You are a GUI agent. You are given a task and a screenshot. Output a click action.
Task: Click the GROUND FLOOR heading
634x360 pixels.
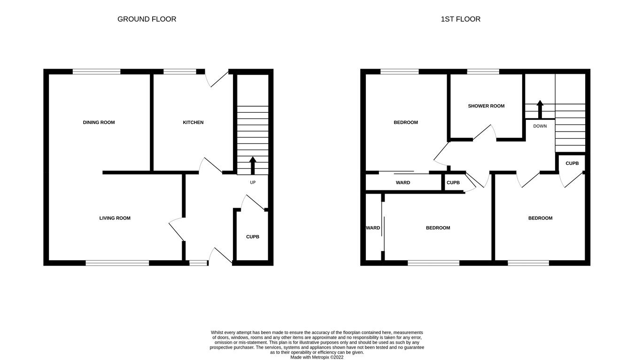[147, 19]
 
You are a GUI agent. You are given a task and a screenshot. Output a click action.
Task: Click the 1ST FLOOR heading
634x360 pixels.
[460, 19]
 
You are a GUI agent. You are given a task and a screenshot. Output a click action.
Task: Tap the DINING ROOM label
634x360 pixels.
[99, 123]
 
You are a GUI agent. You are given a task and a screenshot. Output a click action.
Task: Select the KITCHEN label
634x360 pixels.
[193, 123]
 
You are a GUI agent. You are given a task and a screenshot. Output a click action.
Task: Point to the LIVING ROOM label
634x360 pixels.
[115, 218]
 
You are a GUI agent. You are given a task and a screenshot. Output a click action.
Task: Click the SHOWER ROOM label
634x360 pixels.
[486, 106]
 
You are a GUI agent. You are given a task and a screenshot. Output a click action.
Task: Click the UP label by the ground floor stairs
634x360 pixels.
[253, 182]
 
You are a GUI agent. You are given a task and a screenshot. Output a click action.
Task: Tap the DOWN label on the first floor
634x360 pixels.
[540, 126]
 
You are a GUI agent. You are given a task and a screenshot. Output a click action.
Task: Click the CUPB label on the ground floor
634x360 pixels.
[253, 237]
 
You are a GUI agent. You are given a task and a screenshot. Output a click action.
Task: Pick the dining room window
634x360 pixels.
[97, 72]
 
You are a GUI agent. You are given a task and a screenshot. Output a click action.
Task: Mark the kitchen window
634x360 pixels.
[179, 72]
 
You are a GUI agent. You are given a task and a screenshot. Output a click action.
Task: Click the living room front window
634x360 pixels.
[117, 263]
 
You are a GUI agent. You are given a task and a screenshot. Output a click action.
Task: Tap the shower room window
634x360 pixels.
[483, 72]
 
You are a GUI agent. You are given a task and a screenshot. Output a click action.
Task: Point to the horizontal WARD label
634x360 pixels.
[403, 183]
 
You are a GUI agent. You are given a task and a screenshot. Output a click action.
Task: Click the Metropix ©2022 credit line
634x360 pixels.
[317, 357]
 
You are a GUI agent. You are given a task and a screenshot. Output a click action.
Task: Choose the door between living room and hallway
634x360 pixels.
[177, 229]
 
